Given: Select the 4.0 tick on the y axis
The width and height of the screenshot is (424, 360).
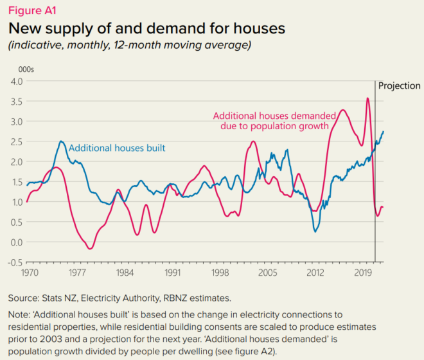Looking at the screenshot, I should [15, 81].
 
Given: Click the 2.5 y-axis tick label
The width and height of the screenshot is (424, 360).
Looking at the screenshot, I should [15, 141].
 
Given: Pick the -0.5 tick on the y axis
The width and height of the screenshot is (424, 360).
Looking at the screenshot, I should [14, 262].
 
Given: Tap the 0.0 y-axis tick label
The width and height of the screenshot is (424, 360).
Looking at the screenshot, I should [15, 242].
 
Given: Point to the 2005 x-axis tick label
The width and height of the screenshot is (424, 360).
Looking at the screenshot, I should [269, 273].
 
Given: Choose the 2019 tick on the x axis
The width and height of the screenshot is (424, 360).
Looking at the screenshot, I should [365, 273].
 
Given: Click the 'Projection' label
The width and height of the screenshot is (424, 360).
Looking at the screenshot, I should [399, 86].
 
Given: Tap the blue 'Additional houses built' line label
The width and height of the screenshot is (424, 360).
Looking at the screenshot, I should [116, 148].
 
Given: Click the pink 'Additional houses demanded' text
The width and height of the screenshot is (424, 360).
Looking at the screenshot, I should [270, 115].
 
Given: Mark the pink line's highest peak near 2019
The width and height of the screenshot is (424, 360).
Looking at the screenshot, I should [367, 98].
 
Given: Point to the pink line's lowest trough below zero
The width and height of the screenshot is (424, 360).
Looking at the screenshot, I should [91, 248].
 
